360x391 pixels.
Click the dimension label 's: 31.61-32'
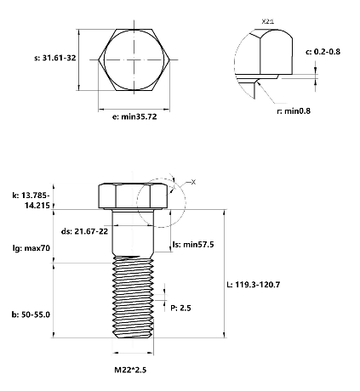(47, 59)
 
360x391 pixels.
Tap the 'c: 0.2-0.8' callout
(324, 53)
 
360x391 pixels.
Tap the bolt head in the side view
(133, 196)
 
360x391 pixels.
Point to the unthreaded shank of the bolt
(133, 234)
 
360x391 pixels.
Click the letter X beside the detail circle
(193, 183)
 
